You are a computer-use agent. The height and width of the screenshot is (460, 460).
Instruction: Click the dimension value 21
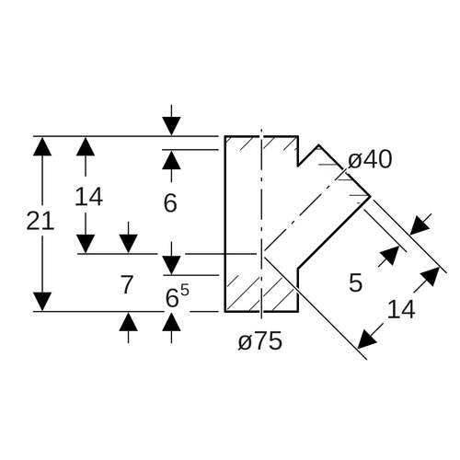[x=40, y=221]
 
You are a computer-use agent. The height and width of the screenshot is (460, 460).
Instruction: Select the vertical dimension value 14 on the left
[x=88, y=197]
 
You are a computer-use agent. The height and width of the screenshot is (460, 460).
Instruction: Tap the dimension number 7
[x=127, y=284]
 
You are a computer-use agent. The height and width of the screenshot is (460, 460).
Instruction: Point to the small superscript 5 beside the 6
[x=185, y=290]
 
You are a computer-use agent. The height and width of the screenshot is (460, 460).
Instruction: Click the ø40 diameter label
[x=370, y=160]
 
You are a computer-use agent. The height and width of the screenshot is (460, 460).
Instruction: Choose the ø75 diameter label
[x=260, y=341]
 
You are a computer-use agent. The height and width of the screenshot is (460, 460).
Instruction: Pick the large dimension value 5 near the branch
[x=356, y=282]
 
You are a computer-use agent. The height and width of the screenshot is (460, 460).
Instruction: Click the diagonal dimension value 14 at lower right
[x=401, y=309]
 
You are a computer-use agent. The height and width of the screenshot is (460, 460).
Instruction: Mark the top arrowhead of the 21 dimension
[x=42, y=146]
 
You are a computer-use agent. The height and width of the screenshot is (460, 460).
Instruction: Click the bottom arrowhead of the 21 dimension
[x=42, y=302]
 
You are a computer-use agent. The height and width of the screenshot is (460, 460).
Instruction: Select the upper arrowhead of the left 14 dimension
[x=86, y=146]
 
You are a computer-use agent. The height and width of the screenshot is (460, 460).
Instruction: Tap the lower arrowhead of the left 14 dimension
[x=86, y=244]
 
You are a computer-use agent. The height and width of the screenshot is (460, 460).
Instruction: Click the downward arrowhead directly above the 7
[x=128, y=244]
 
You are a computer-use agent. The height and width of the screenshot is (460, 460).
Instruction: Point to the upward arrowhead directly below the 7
[x=128, y=322]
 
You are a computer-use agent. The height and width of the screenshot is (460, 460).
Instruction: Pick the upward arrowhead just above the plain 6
[x=171, y=160]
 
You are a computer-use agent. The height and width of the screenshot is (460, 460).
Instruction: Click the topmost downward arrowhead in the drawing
[x=171, y=126]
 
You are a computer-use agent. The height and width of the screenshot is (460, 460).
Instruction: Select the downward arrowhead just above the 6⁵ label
[x=171, y=265]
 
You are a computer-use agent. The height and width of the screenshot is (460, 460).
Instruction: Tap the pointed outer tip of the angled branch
[x=371, y=196]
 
